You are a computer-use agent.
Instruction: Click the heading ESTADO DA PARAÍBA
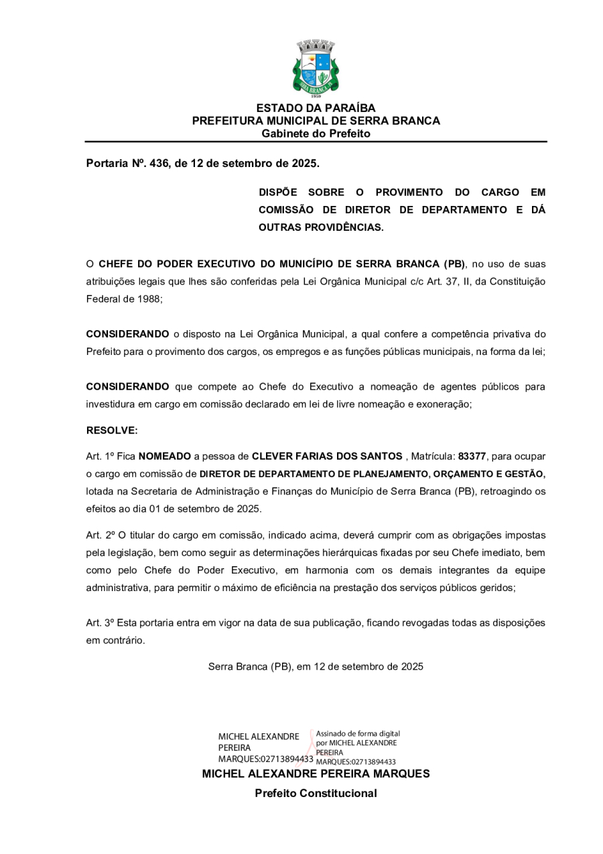tap(316, 108)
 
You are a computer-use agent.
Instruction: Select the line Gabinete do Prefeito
tap(316, 134)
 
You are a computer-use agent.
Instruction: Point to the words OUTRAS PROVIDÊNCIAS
tap(321, 227)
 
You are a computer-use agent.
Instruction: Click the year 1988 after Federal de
tap(147, 299)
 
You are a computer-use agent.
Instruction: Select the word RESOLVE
tap(111, 430)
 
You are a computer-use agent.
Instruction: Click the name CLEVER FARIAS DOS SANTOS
tap(326, 456)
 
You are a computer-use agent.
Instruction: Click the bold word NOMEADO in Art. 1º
tap(164, 456)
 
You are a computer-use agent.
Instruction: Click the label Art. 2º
tap(100, 535)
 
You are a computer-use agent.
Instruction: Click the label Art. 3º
tap(100, 623)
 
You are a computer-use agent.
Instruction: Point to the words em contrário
tap(115, 640)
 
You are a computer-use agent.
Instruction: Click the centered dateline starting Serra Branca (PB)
tap(316, 667)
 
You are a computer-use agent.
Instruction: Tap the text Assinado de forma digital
tap(358, 734)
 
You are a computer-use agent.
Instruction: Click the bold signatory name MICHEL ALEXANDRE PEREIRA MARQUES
tap(316, 773)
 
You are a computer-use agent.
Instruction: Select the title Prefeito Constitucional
tap(316, 794)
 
